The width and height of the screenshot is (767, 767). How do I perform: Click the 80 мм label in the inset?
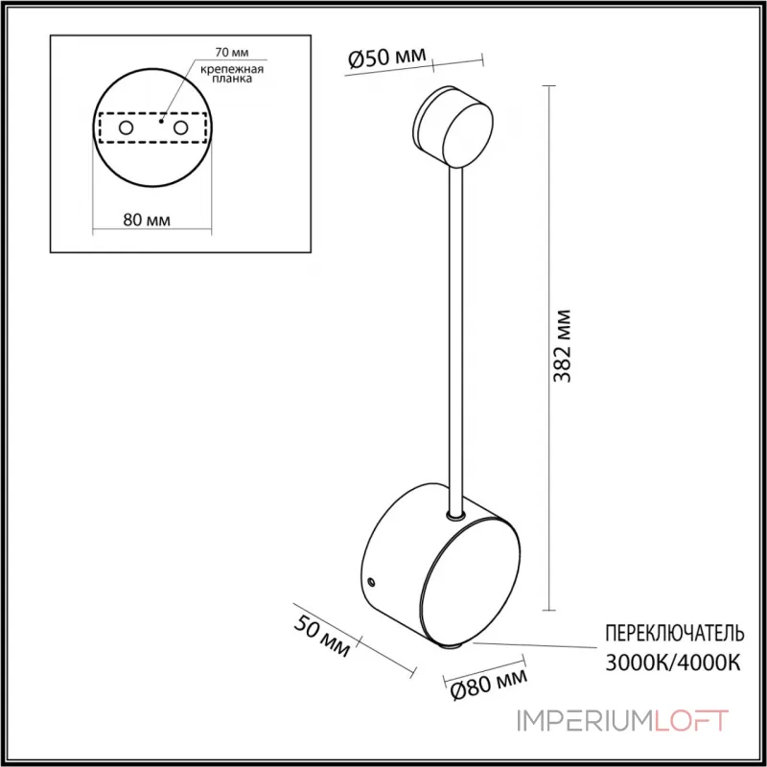click(x=148, y=220)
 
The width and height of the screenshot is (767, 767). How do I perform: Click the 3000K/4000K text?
click(x=673, y=662)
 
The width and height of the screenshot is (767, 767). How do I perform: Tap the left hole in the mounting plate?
click(x=125, y=128)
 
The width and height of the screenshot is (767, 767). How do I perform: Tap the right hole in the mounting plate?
click(x=179, y=128)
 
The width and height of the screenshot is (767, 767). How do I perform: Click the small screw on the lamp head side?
click(x=372, y=582)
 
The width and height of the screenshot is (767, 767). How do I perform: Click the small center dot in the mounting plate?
click(x=162, y=122)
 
